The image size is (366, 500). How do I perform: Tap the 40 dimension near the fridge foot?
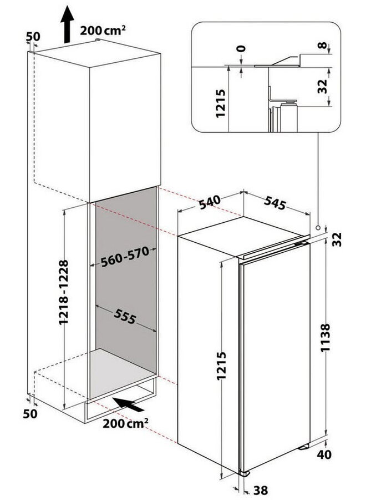click(x=340, y=455)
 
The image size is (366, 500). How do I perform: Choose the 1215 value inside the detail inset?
click(x=220, y=104)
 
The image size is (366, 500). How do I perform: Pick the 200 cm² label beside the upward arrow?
click(x=103, y=30)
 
